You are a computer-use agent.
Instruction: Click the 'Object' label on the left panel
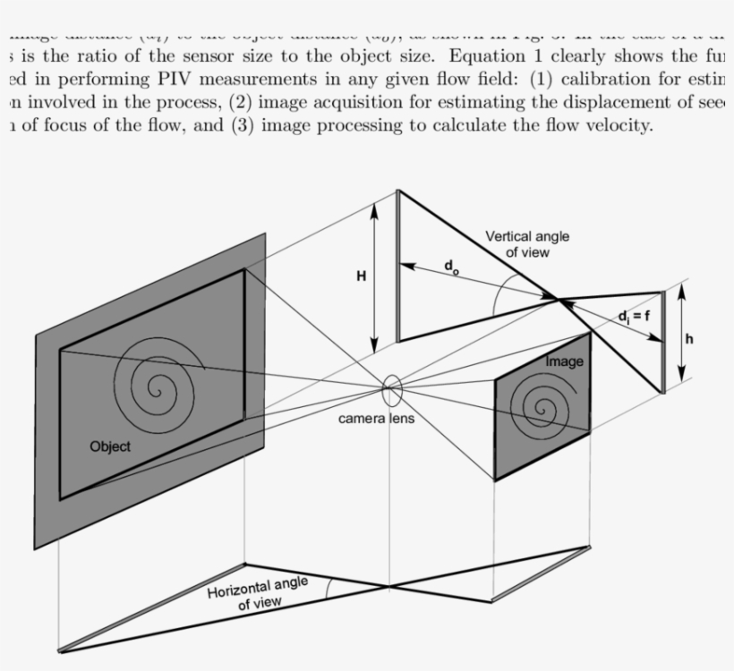pyautogui.click(x=110, y=446)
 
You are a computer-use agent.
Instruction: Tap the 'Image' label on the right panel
pyautogui.click(x=565, y=361)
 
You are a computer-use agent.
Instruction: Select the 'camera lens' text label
pyautogui.click(x=376, y=419)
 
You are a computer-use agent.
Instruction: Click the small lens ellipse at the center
pyautogui.click(x=392, y=390)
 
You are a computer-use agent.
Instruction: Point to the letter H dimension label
pyautogui.click(x=361, y=276)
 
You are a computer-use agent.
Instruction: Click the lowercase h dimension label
pyautogui.click(x=689, y=339)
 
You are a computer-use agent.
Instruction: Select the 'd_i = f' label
pyautogui.click(x=634, y=316)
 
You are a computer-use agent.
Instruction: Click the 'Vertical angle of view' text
pyautogui.click(x=527, y=244)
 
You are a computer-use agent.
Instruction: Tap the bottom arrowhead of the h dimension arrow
pyautogui.click(x=683, y=377)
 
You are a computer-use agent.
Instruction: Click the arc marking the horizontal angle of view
pyautogui.click(x=329, y=587)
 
